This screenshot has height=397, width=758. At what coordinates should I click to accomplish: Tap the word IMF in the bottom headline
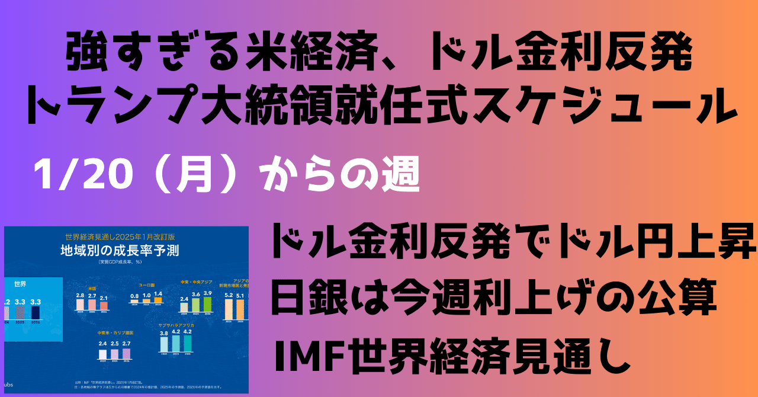pyautogui.click(x=301, y=356)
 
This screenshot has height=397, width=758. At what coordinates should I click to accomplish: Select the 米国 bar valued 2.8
pyautogui.click(x=80, y=305)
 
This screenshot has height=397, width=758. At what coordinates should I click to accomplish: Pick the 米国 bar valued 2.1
pyautogui.click(x=104, y=306)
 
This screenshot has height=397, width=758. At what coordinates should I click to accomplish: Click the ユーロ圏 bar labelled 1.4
pyautogui.click(x=158, y=300)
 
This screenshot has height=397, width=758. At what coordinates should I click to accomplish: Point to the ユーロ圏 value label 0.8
pyautogui.click(x=134, y=295)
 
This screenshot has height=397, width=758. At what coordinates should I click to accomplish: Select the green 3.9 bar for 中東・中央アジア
pyautogui.click(x=207, y=305)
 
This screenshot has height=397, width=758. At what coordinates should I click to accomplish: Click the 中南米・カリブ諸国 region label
pyautogui.click(x=116, y=333)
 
